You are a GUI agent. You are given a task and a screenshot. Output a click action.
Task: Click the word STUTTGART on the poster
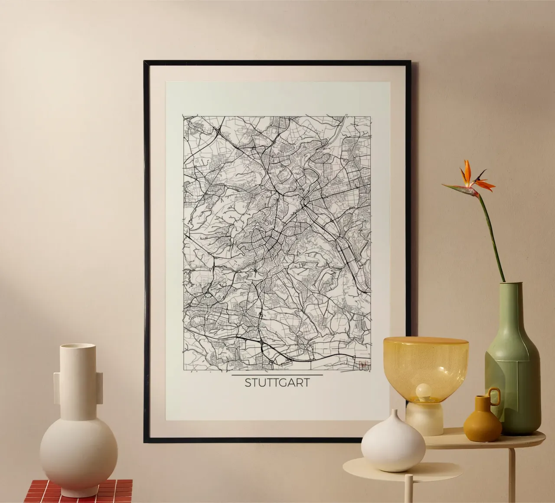277,383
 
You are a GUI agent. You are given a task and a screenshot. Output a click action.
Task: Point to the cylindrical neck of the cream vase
77,369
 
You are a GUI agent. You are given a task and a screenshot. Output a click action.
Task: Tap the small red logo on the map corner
364,365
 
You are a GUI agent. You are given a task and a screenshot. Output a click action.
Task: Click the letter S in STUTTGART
248,383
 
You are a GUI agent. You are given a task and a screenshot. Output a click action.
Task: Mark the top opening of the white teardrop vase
394,412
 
